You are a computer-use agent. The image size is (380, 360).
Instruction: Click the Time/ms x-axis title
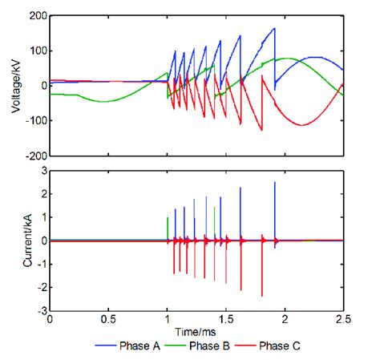[x=197, y=331]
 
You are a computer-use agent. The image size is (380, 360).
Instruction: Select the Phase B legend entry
[x=212, y=346]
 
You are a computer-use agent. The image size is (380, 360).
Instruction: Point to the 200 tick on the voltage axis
[x=37, y=15]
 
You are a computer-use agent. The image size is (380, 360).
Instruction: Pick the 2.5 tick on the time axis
[x=343, y=319]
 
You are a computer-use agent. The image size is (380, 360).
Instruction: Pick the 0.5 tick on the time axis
[x=108, y=319]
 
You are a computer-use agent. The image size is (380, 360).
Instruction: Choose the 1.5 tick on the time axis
[x=226, y=319]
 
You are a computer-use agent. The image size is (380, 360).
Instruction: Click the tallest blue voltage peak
[x=274, y=29]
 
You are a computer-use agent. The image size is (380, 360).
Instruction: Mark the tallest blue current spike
[x=275, y=183]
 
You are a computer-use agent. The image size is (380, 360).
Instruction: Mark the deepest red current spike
[x=261, y=296]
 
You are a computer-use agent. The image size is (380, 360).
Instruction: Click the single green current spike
[x=167, y=218]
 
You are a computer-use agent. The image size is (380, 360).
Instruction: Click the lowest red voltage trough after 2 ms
[x=302, y=124]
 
